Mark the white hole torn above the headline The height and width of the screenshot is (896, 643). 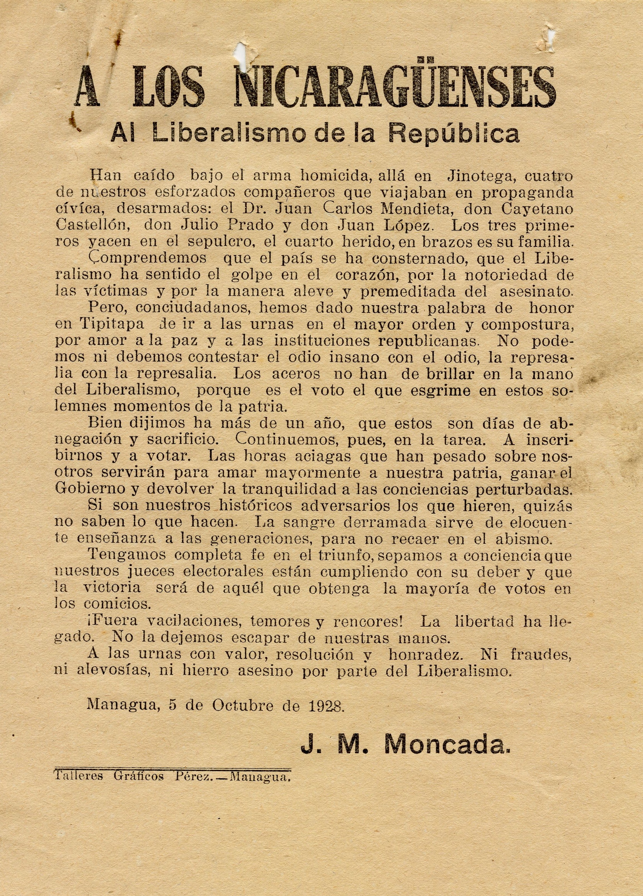pos(240,51)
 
